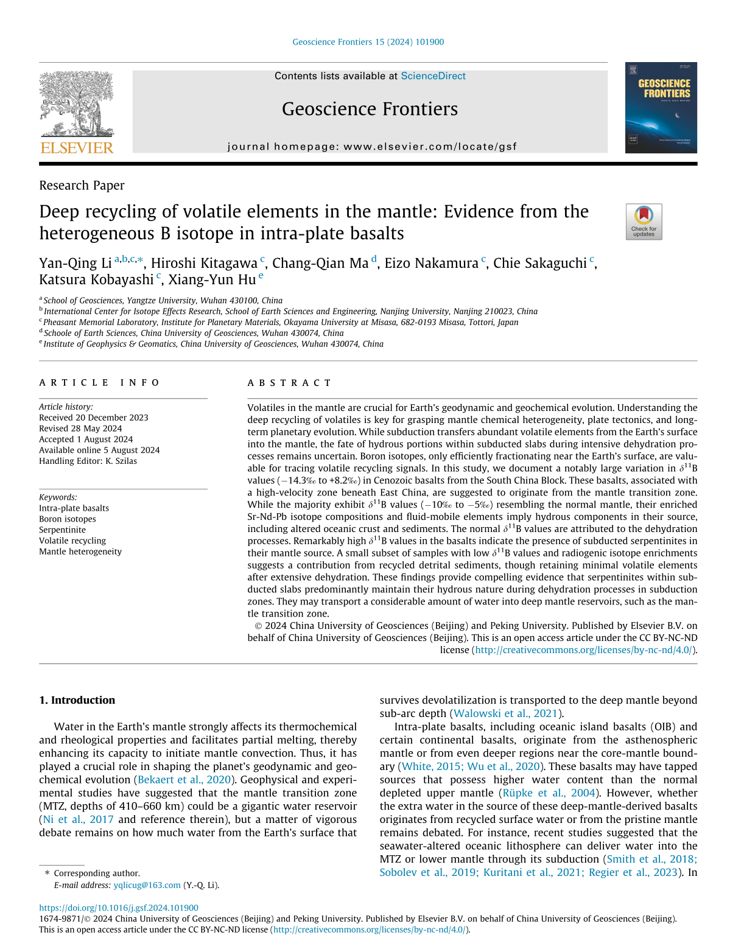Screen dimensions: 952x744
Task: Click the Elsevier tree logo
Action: click(77, 105)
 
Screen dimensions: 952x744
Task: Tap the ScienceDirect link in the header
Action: click(433, 76)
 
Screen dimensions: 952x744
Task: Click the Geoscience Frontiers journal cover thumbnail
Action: click(661, 108)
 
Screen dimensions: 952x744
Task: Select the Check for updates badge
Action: click(644, 222)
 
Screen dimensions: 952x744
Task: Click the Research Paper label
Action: click(82, 186)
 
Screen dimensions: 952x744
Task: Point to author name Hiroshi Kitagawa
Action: click(204, 264)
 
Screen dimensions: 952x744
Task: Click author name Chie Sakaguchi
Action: click(539, 264)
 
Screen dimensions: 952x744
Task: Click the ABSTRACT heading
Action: click(289, 383)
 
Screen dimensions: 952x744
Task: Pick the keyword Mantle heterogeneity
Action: click(80, 551)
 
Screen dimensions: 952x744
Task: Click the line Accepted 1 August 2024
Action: click(86, 439)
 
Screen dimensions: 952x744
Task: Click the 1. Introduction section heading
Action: click(77, 700)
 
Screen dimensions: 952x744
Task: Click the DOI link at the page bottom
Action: click(119, 908)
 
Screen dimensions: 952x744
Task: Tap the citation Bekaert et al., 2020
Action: click(184, 780)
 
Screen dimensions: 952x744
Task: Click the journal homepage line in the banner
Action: click(371, 147)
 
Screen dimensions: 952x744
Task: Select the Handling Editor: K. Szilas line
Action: click(88, 461)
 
